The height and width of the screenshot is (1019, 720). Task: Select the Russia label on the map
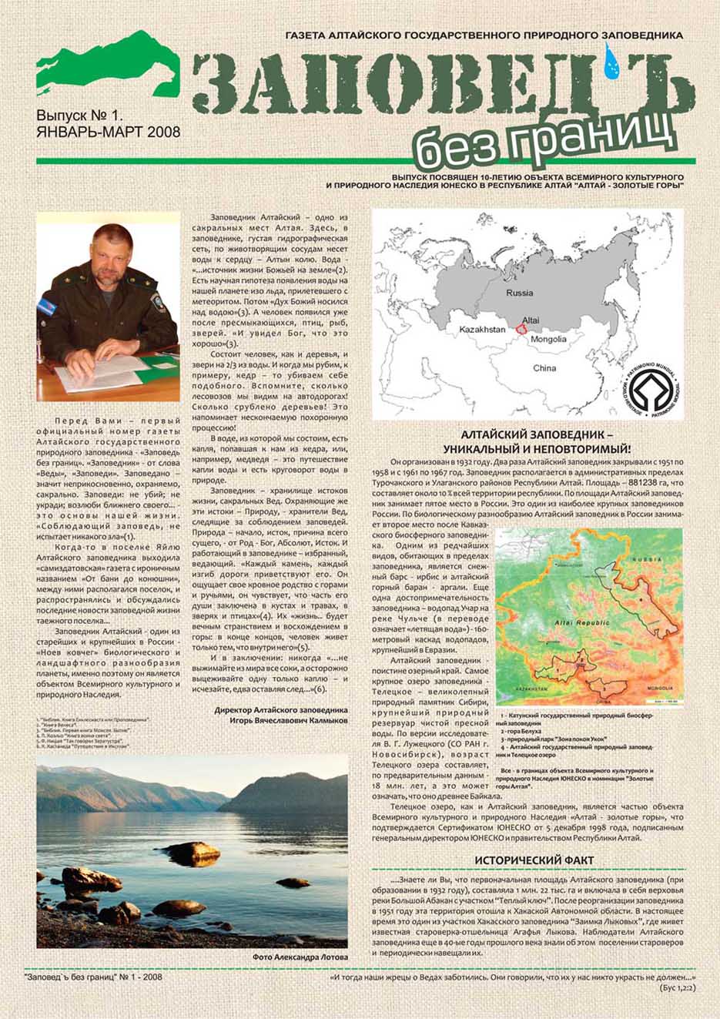click(x=519, y=293)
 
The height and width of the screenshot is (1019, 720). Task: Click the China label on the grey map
click(x=544, y=368)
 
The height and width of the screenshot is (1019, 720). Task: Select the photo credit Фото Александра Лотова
click(x=300, y=957)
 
